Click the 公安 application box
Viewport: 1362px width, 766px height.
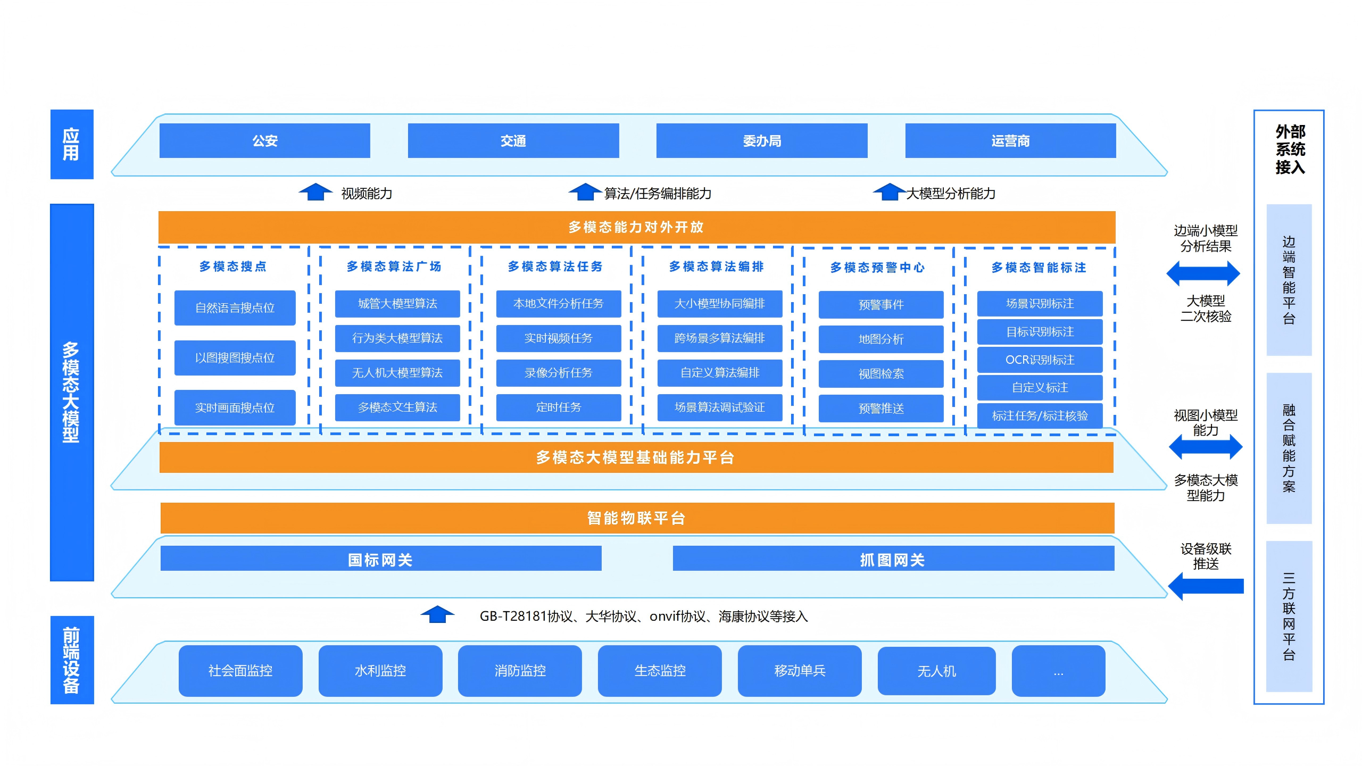tap(264, 140)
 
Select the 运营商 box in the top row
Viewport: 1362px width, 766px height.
tap(1010, 140)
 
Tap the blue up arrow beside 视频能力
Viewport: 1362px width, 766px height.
tap(315, 192)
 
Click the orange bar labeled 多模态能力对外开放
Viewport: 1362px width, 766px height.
tap(636, 227)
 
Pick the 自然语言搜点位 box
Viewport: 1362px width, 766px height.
tap(235, 307)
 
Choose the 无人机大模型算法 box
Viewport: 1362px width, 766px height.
tap(397, 373)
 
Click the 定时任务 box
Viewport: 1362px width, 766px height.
tap(558, 407)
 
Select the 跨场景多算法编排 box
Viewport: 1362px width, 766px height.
tap(719, 338)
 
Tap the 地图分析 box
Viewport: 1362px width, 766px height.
tap(881, 339)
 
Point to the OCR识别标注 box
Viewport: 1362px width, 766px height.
tap(1040, 360)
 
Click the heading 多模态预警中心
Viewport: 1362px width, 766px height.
tap(877, 267)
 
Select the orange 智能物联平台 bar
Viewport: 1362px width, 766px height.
tap(636, 518)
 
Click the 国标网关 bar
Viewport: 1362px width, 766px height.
tap(380, 559)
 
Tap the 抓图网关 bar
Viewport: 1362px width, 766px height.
tap(893, 559)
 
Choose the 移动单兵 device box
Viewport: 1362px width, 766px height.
tap(799, 671)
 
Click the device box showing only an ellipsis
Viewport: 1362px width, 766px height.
tap(1058, 671)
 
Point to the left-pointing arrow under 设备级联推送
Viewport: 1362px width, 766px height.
tap(1206, 586)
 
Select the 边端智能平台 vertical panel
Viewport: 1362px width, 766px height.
tap(1289, 280)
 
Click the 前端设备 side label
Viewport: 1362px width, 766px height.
tap(71, 660)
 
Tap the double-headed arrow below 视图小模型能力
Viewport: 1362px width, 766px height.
tap(1206, 446)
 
